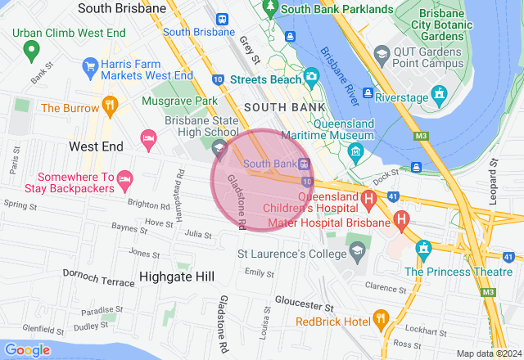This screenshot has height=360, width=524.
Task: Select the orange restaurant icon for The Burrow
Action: tap(110, 106)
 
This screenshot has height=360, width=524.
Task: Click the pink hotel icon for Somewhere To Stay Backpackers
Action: tap(124, 178)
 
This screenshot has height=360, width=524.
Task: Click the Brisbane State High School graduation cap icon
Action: tap(219, 148)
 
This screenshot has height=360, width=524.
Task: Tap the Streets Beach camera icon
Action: tap(310, 79)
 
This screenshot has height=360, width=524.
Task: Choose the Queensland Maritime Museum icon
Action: tap(355, 151)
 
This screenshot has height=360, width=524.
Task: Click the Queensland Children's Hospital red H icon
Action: tap(369, 197)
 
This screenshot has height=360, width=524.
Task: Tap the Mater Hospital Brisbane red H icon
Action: tap(401, 220)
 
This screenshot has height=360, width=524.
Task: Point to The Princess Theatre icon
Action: tap(423, 248)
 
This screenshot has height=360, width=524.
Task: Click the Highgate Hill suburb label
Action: tap(176, 277)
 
